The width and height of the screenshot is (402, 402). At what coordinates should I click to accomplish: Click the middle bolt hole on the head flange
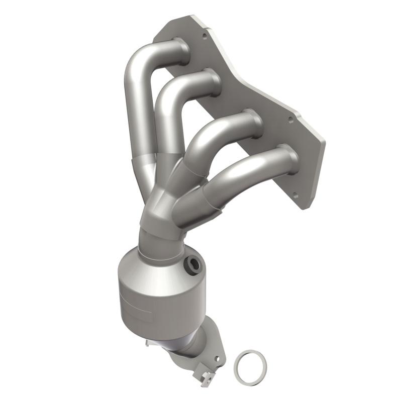pyautogui.click(x=290, y=120)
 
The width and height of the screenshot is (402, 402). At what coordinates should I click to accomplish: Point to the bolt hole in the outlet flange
pyautogui.click(x=217, y=359)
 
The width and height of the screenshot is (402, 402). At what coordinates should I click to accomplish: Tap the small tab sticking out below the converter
pyautogui.click(x=149, y=343)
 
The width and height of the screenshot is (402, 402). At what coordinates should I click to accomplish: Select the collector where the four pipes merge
pyautogui.click(x=160, y=211)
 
